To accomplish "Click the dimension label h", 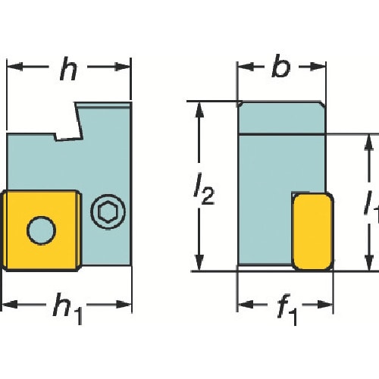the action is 68,69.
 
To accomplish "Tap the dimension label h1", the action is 67,309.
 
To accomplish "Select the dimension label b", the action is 281,66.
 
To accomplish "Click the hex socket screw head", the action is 108,210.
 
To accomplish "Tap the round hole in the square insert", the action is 41,230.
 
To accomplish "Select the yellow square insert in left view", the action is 41,231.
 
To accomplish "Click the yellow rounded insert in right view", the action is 313,231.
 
